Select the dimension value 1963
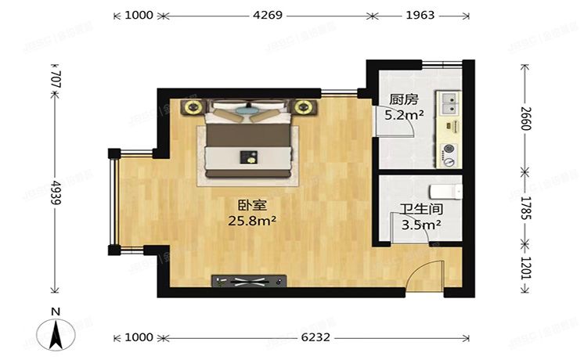(x=419, y=15)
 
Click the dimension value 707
(x=54, y=79)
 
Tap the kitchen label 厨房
(x=403, y=99)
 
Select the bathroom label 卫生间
(x=419, y=209)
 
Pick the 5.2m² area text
(x=403, y=115)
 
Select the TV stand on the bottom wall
(x=251, y=279)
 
